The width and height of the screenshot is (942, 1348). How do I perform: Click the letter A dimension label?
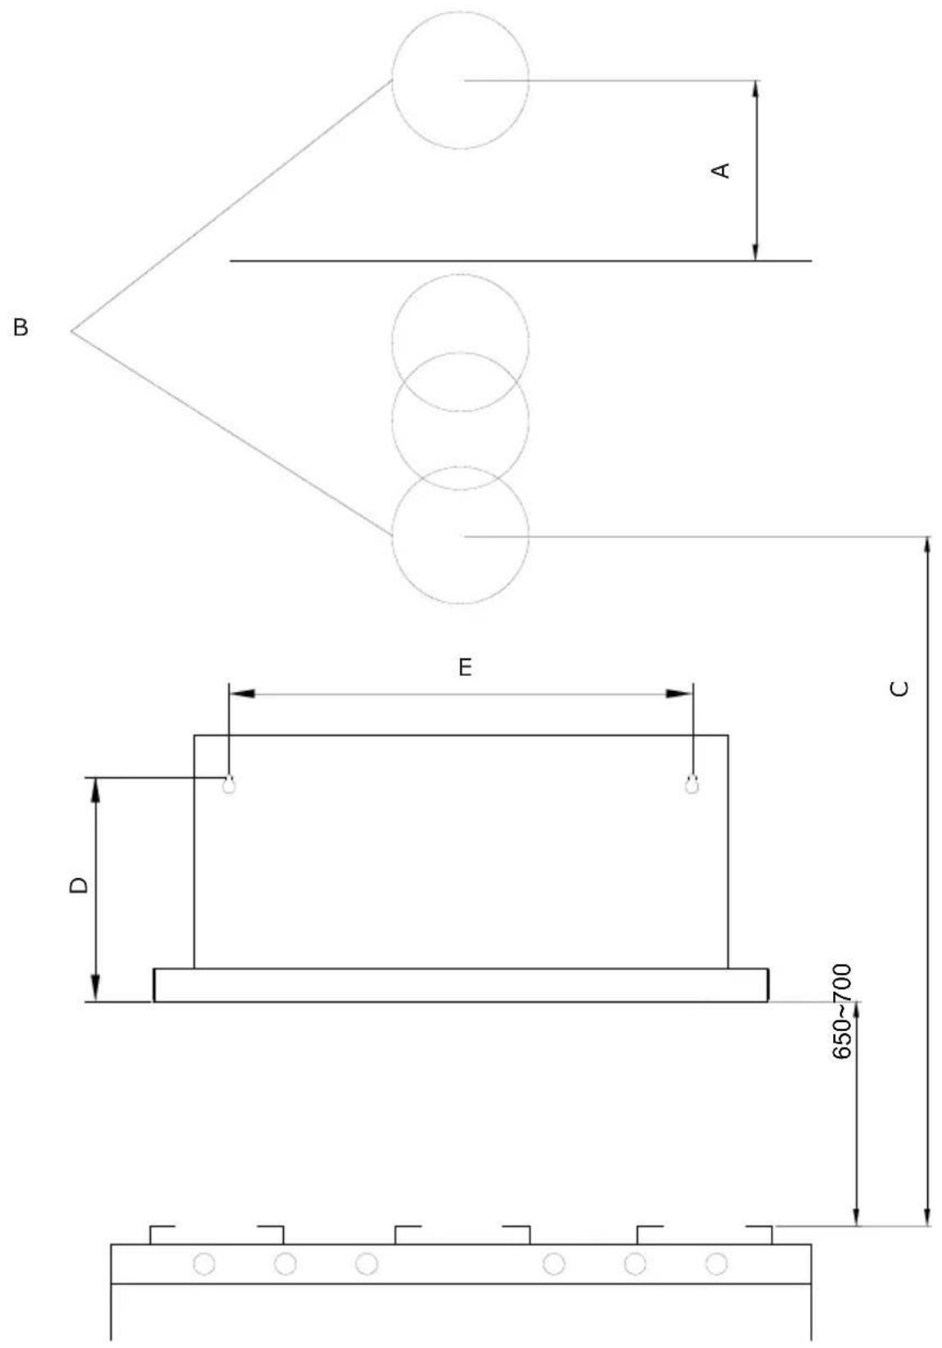(721, 170)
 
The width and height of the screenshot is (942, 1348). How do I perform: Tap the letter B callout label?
(20, 328)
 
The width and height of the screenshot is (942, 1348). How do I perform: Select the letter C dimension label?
(899, 688)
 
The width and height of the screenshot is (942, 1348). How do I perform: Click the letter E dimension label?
(465, 667)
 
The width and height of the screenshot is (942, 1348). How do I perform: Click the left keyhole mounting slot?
(228, 784)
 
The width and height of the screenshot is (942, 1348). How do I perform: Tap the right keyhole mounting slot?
(692, 784)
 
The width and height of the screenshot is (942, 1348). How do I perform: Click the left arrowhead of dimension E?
(241, 694)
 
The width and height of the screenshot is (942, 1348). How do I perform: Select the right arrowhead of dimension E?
(679, 694)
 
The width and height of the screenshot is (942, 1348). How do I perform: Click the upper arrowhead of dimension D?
(95, 791)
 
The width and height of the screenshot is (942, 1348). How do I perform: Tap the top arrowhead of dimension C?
(927, 550)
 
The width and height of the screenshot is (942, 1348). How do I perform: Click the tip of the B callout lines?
(71, 331)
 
